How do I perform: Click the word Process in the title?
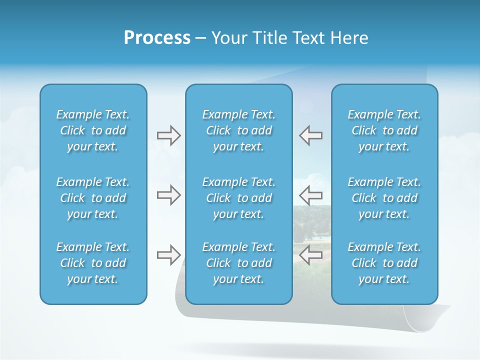click(157, 38)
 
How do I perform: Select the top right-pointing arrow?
click(168, 135)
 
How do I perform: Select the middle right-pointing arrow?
click(168, 195)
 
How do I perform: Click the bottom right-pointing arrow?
click(168, 255)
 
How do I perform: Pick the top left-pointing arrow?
click(311, 135)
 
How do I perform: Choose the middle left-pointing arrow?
click(311, 195)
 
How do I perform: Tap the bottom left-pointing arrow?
click(311, 255)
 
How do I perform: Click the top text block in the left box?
click(93, 130)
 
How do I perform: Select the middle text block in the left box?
click(93, 198)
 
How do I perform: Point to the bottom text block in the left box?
click(93, 263)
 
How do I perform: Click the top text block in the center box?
click(239, 130)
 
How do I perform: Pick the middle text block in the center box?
click(239, 198)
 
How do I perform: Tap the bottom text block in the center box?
click(239, 263)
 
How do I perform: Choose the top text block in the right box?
click(384, 130)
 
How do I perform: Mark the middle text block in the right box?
click(384, 198)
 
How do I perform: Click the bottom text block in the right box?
click(384, 263)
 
